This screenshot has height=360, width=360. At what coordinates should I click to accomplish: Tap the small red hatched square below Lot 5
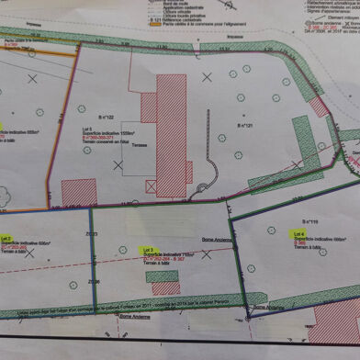(x=79, y=192)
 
